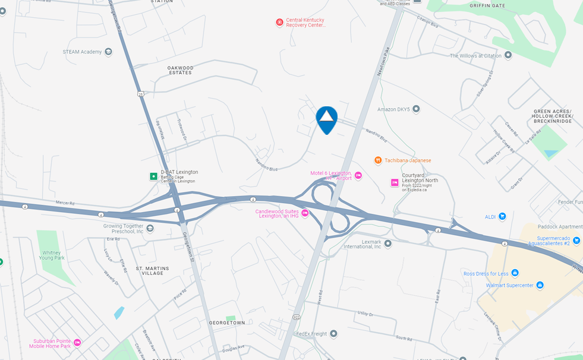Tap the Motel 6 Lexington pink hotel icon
(x=358, y=175)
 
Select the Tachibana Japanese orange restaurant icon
(x=378, y=160)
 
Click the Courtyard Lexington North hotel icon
(x=395, y=182)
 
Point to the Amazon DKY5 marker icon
(x=416, y=109)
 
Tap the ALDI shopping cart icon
(x=502, y=216)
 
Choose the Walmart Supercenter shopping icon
(x=540, y=285)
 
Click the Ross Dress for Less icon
(x=515, y=273)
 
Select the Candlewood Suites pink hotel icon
(x=305, y=213)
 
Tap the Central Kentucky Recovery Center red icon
(x=279, y=23)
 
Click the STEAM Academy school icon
(x=108, y=52)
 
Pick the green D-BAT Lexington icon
(x=153, y=176)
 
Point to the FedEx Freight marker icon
(x=333, y=334)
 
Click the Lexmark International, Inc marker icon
(x=388, y=243)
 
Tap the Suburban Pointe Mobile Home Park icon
(x=77, y=343)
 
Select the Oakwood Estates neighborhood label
(x=180, y=70)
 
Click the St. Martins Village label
(x=152, y=271)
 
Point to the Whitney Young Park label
(x=52, y=255)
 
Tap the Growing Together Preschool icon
(x=150, y=229)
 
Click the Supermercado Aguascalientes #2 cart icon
(x=576, y=240)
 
